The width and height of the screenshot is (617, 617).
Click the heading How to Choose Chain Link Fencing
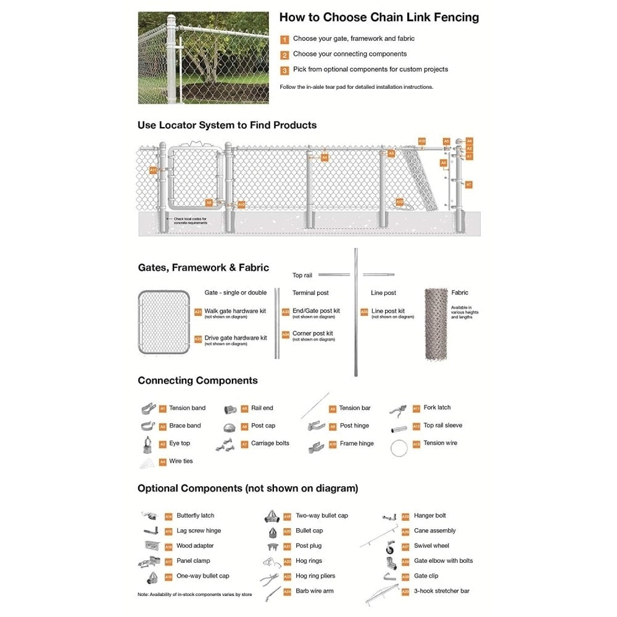coord(379,17)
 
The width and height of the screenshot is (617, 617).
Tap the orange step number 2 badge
coord(284,55)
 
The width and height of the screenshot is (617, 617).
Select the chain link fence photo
coord(203,57)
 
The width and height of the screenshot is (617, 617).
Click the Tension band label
coord(187,408)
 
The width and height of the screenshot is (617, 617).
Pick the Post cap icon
coord(229,426)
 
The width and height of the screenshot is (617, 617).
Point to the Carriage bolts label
coord(270,443)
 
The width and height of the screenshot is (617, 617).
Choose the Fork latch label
coord(437,407)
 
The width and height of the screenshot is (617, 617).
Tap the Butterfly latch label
coord(195,515)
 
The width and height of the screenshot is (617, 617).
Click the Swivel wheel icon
coord(390,547)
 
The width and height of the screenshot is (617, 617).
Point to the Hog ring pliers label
coord(315,576)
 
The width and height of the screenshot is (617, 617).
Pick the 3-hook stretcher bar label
coord(442,591)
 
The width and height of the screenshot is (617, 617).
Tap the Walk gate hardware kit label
coord(235,311)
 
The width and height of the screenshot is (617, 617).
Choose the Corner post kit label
coord(312,333)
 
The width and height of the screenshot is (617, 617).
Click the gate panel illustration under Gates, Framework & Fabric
coord(164,322)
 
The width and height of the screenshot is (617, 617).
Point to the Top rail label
coord(302,275)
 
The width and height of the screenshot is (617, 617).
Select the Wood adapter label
coord(195,545)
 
